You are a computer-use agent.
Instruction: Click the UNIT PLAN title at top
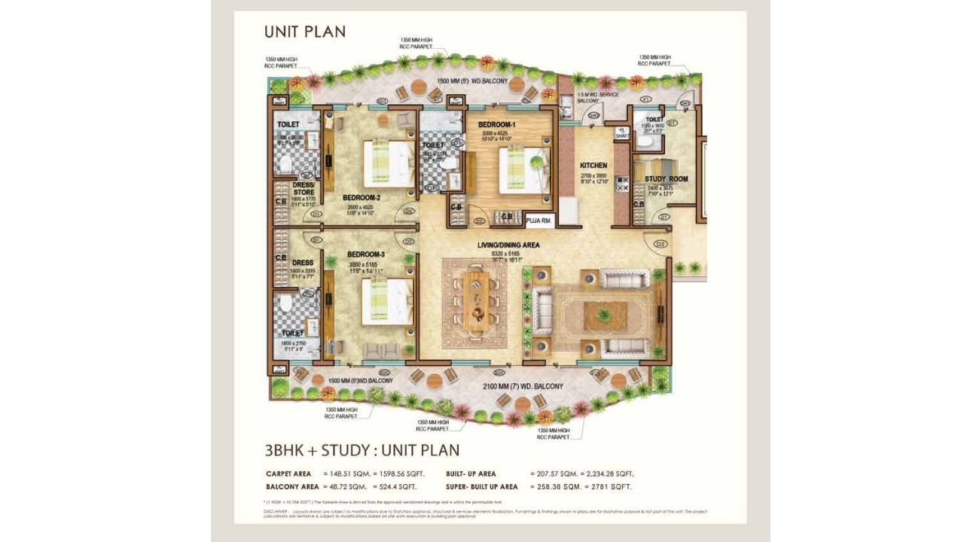coord(304,32)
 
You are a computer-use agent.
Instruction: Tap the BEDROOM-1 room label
coord(497,124)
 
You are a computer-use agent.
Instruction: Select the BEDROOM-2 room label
coord(361,198)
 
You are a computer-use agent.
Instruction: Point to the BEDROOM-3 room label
coord(366,254)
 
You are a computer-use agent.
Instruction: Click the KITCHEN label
coord(593,166)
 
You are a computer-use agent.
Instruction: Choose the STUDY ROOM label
coord(666,179)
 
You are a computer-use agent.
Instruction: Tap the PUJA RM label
coord(539,221)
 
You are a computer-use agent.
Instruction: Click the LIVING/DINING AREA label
coord(508,245)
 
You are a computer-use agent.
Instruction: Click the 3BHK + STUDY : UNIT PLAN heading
coord(361,450)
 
